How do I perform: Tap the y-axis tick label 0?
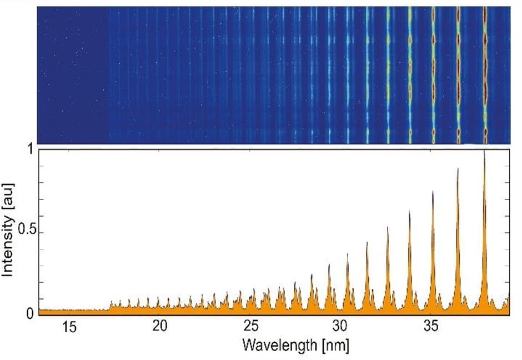coord(30,313)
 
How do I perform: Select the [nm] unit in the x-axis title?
coord(335,345)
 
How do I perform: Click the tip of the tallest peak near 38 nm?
coord(484,152)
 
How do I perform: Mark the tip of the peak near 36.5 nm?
coord(458,169)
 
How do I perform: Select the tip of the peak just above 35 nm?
coord(433,192)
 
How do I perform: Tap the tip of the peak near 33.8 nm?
coord(410,212)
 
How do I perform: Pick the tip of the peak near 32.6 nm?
coord(388,227)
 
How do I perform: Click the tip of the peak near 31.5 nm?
coord(367,243)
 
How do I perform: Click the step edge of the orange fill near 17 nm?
coord(110,304)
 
